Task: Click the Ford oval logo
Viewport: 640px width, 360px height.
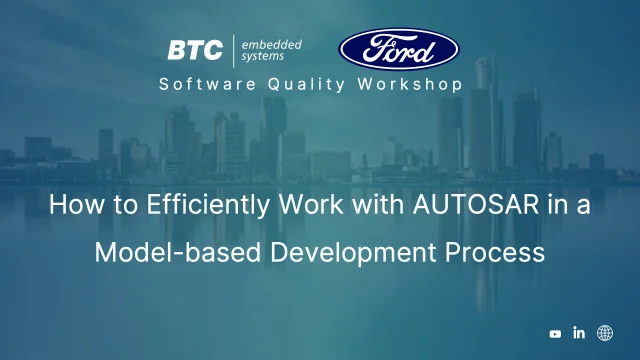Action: [399, 48]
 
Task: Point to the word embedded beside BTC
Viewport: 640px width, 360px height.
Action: [271, 44]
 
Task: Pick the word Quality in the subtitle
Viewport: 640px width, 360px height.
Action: [299, 84]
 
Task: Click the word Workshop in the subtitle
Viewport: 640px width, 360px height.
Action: [410, 84]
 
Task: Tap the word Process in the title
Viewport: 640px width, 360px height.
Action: [497, 252]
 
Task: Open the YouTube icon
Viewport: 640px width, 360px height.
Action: [556, 334]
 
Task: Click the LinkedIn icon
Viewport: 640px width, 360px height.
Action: [579, 333]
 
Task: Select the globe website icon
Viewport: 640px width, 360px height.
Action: [605, 333]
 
